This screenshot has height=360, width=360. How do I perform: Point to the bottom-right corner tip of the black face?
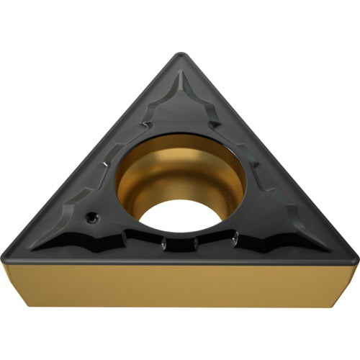click(354, 256)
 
